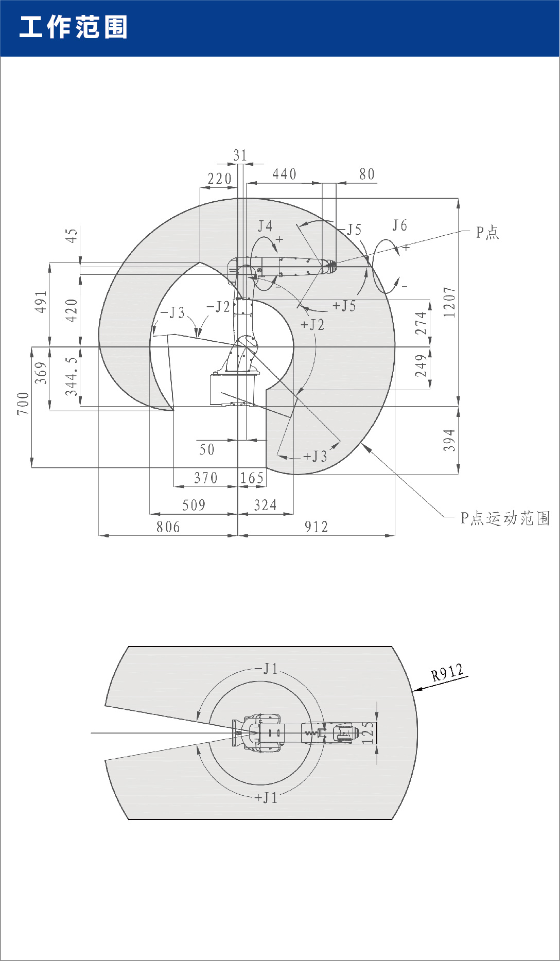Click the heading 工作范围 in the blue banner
coord(73,27)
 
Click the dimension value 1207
coord(449,302)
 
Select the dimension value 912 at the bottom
coord(316,527)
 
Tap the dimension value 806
coord(168,527)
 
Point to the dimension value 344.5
coord(72,377)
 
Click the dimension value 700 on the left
coord(23,404)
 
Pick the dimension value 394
coord(449,440)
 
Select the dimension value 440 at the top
coord(284,174)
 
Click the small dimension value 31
coord(240,155)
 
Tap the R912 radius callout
coord(447,673)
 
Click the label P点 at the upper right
coord(487,233)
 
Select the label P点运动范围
coord(505,518)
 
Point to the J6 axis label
coord(399,225)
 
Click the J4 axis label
coord(265,226)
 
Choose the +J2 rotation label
coord(312,324)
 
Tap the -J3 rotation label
coord(172,313)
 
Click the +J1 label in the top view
coord(266,798)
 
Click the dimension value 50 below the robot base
coord(206,449)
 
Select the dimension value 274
coord(421,323)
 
